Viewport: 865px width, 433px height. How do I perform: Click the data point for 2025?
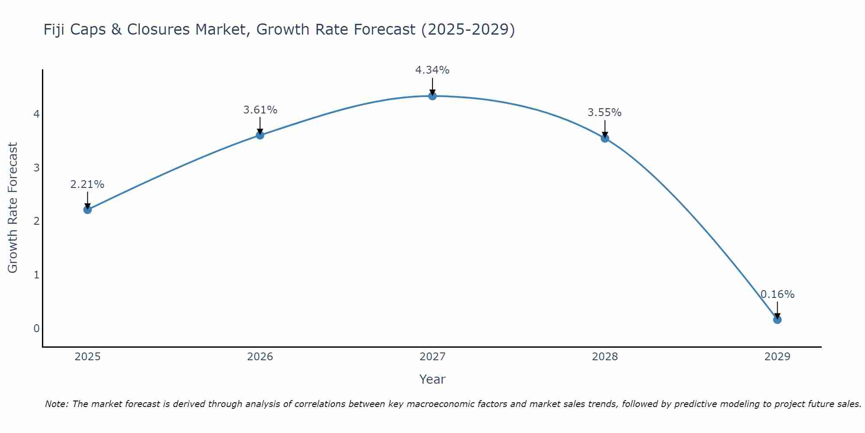tap(87, 210)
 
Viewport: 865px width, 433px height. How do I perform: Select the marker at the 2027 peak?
tap(432, 96)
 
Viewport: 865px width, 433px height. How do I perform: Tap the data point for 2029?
tap(777, 320)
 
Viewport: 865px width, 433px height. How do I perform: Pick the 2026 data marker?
tap(260, 135)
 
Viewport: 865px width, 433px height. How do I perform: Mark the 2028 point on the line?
tap(605, 139)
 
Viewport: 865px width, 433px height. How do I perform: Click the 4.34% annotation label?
tap(432, 70)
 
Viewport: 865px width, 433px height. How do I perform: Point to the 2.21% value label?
tap(87, 184)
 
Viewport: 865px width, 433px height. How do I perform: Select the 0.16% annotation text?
tap(777, 294)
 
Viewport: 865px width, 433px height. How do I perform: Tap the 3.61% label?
tap(260, 110)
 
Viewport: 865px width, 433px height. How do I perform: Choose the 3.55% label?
tap(605, 113)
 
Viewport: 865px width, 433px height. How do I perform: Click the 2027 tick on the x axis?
tap(432, 357)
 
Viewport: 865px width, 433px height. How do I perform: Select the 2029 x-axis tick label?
tap(777, 357)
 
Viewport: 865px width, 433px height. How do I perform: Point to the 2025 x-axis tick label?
tap(87, 357)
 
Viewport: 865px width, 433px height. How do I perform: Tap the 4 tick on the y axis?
tap(37, 114)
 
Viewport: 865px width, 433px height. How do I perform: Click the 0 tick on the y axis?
tap(37, 328)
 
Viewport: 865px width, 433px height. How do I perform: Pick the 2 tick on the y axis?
tap(37, 221)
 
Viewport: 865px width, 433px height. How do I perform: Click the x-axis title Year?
tap(432, 379)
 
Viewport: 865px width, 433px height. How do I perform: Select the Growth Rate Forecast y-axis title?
tap(13, 208)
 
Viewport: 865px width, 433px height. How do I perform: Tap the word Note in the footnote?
tap(56, 404)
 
